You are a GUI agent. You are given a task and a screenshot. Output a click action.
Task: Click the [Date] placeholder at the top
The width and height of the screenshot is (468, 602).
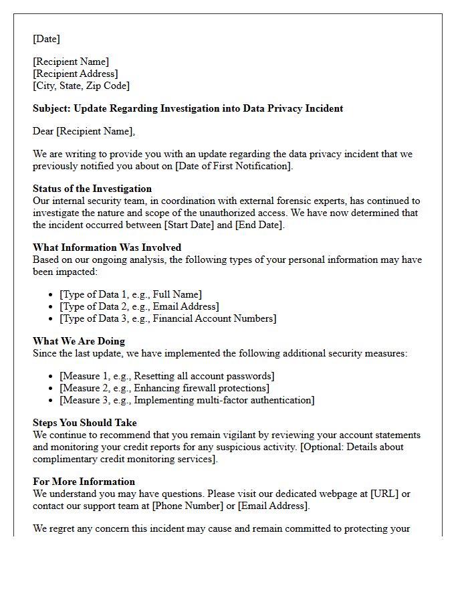point(46,39)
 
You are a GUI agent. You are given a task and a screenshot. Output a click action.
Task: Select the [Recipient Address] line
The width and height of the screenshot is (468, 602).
point(76,74)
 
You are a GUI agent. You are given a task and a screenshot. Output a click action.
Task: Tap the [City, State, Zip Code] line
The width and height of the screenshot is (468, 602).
point(82,86)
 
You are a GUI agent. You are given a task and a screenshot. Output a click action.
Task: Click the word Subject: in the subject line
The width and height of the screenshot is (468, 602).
point(51,108)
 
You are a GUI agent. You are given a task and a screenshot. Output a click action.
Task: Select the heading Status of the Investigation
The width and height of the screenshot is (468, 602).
point(92,189)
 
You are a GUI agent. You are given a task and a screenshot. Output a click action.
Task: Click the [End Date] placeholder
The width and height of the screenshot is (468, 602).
point(259,225)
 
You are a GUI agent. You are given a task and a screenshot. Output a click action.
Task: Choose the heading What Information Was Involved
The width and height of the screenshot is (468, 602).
point(107,247)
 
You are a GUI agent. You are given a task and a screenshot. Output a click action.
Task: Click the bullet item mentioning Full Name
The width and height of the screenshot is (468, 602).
point(130,294)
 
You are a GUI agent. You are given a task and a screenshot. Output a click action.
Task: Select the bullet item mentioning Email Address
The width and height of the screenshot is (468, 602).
point(139,306)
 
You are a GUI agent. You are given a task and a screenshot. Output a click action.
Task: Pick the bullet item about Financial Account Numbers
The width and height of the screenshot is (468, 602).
point(168,318)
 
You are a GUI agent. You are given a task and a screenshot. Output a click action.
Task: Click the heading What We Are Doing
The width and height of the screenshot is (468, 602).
point(79,341)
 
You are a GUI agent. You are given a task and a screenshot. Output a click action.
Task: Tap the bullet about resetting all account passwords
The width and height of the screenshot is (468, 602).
point(166,376)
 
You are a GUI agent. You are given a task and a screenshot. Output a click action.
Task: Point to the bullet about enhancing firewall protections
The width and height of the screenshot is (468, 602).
point(164,388)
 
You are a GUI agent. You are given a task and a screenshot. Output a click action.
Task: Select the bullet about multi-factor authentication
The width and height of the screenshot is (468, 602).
point(187,400)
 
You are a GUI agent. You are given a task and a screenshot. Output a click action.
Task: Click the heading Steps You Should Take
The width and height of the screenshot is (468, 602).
point(85,423)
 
